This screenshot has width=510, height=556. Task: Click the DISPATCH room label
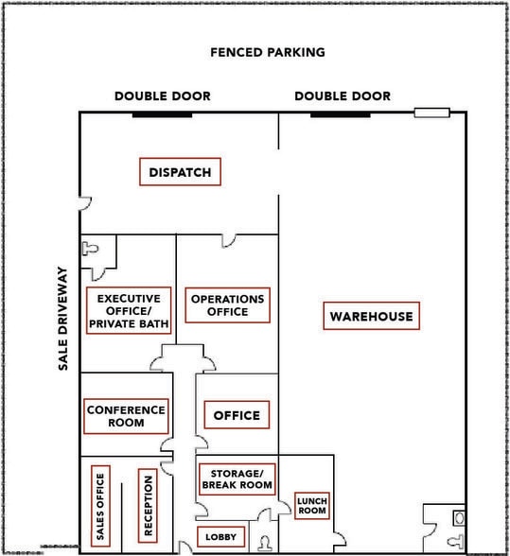(x=181, y=172)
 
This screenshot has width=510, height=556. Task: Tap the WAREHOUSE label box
(x=371, y=316)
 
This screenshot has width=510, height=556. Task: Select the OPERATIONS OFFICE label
(x=227, y=304)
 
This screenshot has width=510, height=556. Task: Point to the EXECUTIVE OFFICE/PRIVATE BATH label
(x=129, y=310)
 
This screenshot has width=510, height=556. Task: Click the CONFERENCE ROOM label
(x=126, y=416)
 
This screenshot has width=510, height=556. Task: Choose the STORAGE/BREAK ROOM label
(x=237, y=479)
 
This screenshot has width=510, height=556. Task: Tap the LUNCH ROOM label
(x=312, y=506)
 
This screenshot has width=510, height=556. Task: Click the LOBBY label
(x=220, y=537)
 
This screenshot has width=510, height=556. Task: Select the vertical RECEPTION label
(x=148, y=506)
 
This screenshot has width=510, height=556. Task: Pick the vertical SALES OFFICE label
(x=100, y=506)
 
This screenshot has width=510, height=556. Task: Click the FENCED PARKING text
(x=268, y=53)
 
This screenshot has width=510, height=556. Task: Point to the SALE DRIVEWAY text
(x=62, y=319)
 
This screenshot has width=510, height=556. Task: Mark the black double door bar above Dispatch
(x=162, y=115)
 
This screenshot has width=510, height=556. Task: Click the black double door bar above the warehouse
(x=341, y=115)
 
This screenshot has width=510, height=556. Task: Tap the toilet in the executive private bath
(x=90, y=248)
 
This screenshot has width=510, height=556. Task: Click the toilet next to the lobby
(x=264, y=543)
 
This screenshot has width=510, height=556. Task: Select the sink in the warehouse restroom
(x=459, y=518)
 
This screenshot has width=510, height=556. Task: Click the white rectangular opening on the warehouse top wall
(x=431, y=113)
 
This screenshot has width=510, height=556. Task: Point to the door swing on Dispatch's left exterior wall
(x=85, y=203)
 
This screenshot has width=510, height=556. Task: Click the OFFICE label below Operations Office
(x=237, y=415)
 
